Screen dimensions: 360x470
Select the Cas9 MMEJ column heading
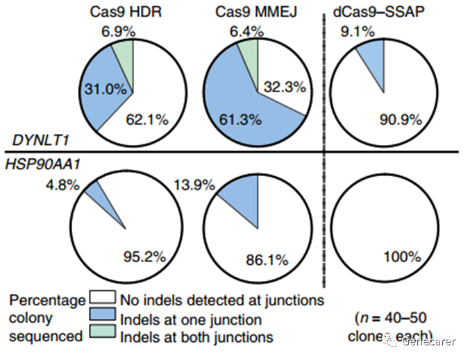coord(257,12)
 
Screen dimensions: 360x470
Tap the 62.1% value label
coord(148,120)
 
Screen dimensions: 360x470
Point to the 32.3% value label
coord(278,89)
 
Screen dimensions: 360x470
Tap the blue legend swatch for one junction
coord(102,319)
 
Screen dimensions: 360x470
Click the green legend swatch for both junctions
coord(102,336)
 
